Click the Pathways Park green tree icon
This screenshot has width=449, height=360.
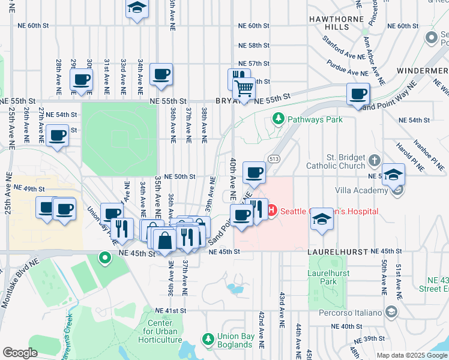click(x=278, y=119)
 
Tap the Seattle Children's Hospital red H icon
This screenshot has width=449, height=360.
click(x=271, y=211)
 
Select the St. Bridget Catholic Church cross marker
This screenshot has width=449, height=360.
click(x=375, y=160)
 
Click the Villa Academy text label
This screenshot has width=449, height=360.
click(x=361, y=191)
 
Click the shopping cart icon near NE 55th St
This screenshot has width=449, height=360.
click(x=244, y=89)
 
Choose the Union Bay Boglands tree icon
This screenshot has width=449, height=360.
click(x=208, y=340)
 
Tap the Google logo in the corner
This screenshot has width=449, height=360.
click(x=20, y=353)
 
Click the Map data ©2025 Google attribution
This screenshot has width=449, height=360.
click(x=411, y=355)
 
